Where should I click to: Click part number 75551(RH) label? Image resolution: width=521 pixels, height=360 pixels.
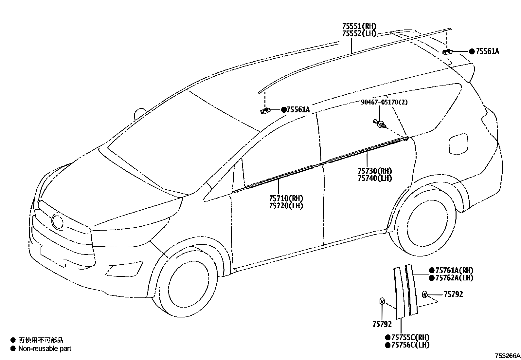[359, 26]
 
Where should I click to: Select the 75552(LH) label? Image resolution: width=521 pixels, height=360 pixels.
[359, 33]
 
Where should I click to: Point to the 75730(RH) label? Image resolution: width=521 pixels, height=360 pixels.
[374, 171]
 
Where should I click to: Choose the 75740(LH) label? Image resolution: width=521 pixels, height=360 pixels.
[374, 178]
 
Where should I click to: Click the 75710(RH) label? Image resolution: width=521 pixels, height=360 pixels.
[286, 198]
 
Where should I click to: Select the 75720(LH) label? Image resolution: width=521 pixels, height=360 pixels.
[286, 206]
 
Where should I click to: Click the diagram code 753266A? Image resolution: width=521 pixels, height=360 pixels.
[507, 355]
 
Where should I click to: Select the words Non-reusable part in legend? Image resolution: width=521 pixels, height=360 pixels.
[45, 349]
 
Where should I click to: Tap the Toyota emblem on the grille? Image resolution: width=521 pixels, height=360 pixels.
[58, 221]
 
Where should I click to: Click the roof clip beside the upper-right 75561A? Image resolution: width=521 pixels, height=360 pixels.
[447, 51]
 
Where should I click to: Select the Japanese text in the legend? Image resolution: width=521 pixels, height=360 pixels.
[41, 340]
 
